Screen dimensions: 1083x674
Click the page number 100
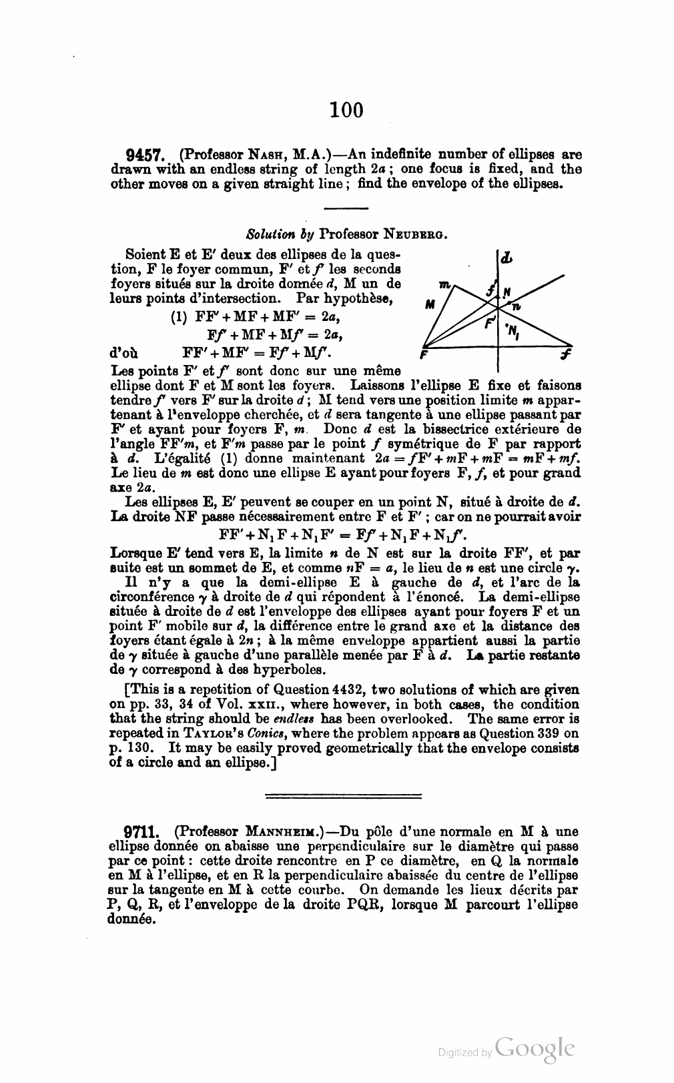coord(346,109)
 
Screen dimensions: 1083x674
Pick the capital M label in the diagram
coord(430,305)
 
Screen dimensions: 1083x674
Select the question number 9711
coord(141,832)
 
